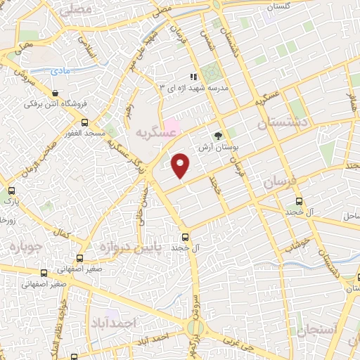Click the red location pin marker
tap(181, 166)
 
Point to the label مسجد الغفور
tap(82, 132)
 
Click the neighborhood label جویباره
tap(26, 247)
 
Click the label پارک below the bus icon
tap(12, 201)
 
